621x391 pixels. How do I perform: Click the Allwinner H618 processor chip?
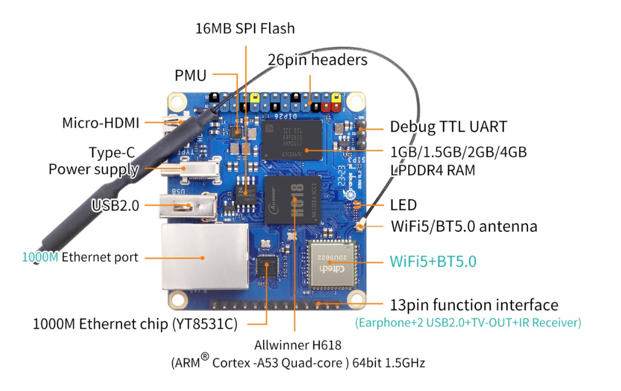(292, 200)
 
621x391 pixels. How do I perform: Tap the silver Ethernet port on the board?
(205, 257)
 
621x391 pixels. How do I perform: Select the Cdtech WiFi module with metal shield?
(332, 264)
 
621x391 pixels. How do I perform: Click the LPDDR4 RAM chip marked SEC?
(292, 140)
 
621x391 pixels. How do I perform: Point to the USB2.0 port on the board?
(188, 206)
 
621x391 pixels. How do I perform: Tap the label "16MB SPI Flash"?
(245, 29)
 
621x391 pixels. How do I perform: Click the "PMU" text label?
(190, 75)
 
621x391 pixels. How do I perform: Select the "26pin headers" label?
(317, 60)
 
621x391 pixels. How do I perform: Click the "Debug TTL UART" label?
(448, 127)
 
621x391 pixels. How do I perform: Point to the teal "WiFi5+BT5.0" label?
(433, 261)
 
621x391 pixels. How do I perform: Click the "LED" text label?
(403, 205)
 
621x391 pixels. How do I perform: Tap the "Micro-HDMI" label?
(101, 123)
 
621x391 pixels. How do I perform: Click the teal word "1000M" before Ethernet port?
(40, 257)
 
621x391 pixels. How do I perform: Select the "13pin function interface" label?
(474, 305)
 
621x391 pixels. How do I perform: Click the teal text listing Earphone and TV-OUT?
(468, 322)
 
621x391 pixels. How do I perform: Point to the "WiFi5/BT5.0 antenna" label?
(464, 226)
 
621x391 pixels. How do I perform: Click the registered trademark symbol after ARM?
(205, 356)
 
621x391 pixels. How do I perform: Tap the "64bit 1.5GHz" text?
(388, 363)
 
